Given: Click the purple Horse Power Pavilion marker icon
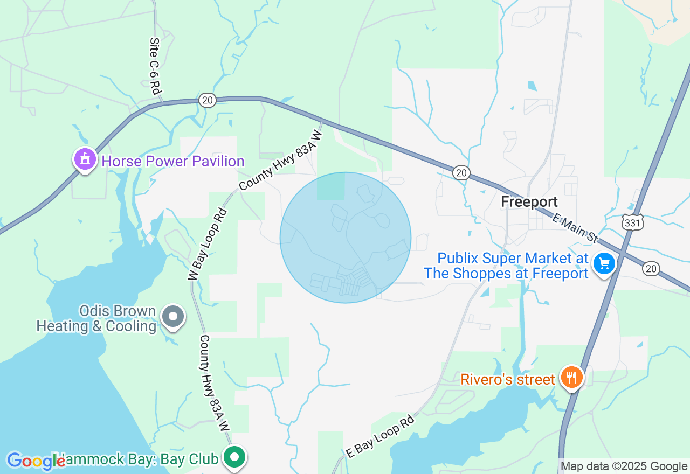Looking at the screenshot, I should [x=85, y=159].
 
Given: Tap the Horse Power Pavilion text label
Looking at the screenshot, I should [x=173, y=161].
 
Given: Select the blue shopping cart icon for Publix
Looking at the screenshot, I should [x=604, y=264].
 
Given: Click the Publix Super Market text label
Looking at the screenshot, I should [x=506, y=266].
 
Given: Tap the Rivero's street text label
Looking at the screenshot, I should [x=507, y=380].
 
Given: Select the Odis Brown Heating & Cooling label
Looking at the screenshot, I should [x=96, y=319].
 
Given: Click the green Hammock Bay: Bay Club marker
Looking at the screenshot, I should [x=234, y=458].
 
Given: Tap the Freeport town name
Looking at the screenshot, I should [x=529, y=202].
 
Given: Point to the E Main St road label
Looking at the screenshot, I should [x=576, y=228].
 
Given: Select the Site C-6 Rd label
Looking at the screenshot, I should [x=156, y=66].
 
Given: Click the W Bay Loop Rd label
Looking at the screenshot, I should [x=208, y=243].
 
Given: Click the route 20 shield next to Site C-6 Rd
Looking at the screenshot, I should [x=207, y=100].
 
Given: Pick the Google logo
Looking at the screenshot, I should [x=36, y=461].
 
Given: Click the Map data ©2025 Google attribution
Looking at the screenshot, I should [x=624, y=466].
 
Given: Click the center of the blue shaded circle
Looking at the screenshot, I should [x=346, y=238].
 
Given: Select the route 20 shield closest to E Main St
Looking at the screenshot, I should [x=651, y=268].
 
